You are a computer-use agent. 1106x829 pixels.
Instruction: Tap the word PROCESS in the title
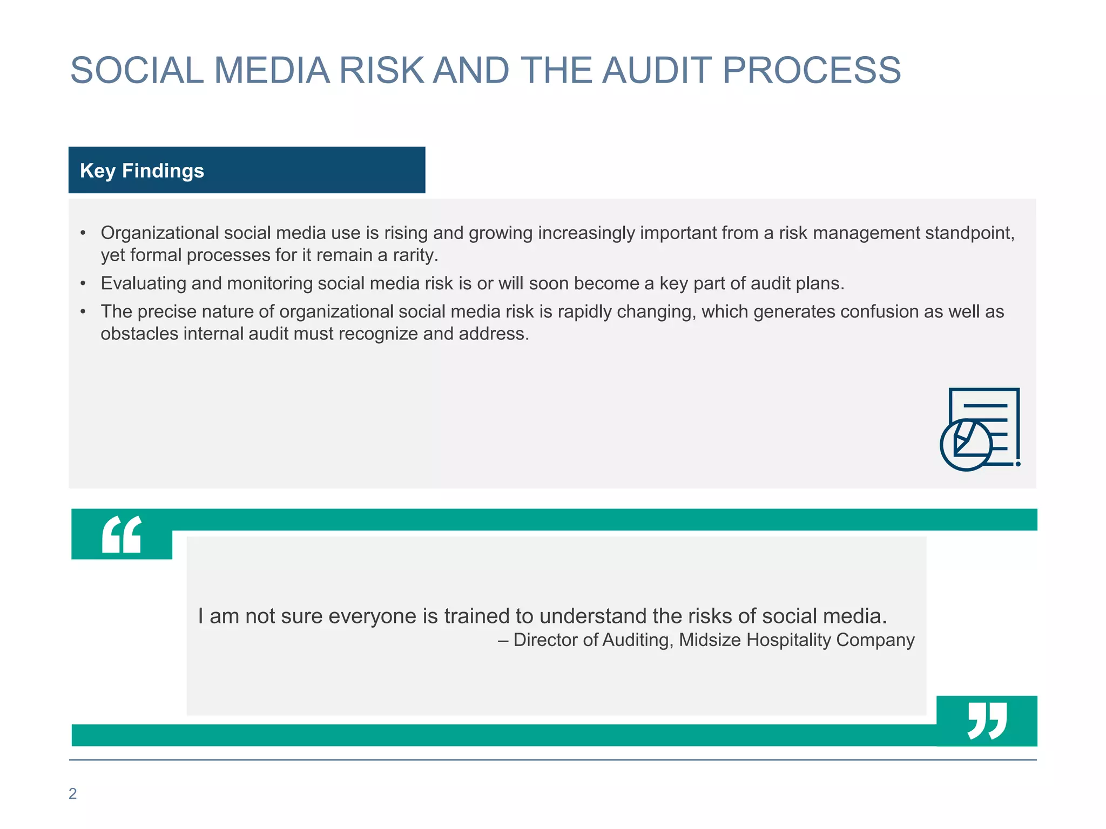(x=811, y=71)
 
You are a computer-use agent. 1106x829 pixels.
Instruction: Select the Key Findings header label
(x=142, y=171)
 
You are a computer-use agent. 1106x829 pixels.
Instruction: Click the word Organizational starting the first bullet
(x=159, y=233)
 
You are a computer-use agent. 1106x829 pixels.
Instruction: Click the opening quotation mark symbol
(x=122, y=534)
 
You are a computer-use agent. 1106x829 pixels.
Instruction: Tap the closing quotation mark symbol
(x=987, y=721)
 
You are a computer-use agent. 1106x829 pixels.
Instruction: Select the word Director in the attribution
(x=545, y=640)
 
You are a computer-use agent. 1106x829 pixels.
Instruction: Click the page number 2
(x=73, y=793)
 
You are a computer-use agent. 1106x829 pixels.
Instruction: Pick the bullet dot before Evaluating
(x=83, y=283)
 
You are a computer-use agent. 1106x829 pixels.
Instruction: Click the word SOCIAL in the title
(x=137, y=71)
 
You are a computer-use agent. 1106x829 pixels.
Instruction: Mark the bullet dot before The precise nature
(x=83, y=311)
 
